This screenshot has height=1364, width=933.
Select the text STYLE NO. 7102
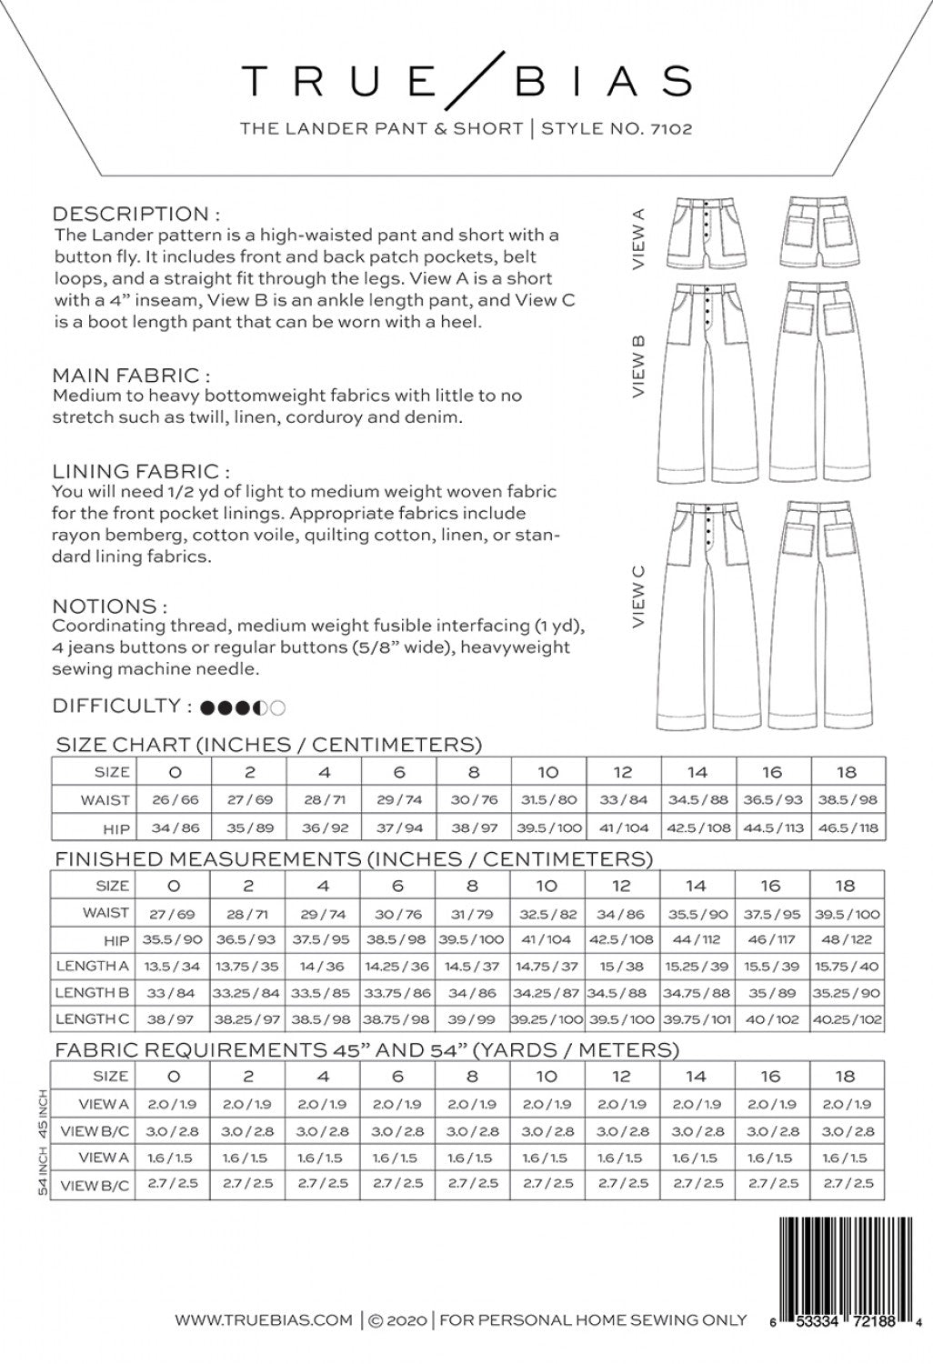click(x=617, y=129)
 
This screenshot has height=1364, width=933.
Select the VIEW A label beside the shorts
click(x=637, y=238)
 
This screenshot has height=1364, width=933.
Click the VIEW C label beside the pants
click(x=637, y=596)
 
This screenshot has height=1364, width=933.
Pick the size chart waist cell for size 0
click(x=174, y=800)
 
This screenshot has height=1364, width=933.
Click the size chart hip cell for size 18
click(x=847, y=828)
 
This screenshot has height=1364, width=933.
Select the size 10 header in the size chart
click(x=547, y=772)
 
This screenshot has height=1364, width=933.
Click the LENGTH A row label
click(x=92, y=966)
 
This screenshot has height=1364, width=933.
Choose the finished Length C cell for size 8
click(x=473, y=1019)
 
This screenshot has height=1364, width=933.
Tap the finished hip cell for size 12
click(x=623, y=939)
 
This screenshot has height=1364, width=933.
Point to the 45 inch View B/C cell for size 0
click(x=174, y=1132)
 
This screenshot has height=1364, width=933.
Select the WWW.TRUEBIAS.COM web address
click(x=264, y=1319)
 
